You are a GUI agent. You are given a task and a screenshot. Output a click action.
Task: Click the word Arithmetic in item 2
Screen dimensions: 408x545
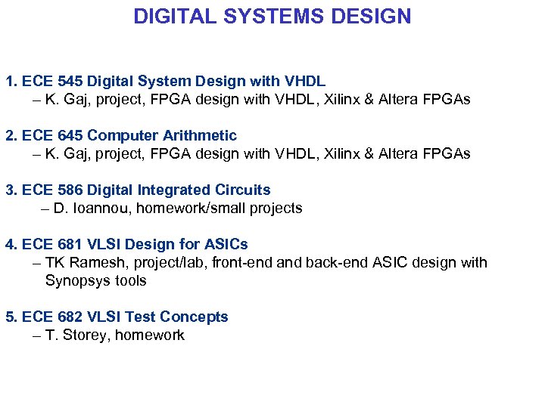click(x=201, y=135)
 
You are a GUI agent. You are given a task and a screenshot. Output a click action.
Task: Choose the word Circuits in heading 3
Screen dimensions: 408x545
click(x=243, y=190)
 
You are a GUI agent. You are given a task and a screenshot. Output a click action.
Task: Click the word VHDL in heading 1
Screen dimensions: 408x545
click(x=305, y=81)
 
